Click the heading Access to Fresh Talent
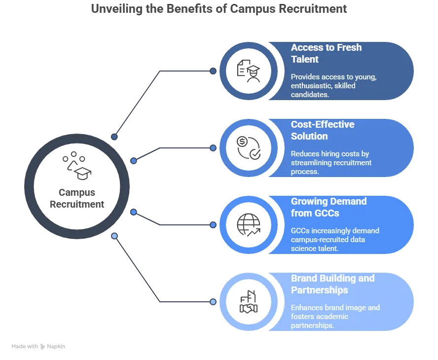click(x=326, y=53)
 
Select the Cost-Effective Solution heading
click(x=323, y=130)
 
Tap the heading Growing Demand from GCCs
click(x=328, y=207)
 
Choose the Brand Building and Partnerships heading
click(x=332, y=284)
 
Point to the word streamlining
click(x=314, y=162)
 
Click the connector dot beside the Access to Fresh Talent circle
click(x=213, y=71)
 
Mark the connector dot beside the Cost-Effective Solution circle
click(x=213, y=147)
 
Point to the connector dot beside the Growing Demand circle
click(x=213, y=224)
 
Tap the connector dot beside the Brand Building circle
click(x=213, y=301)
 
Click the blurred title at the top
click(x=219, y=10)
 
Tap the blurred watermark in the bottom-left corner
click(x=39, y=347)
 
